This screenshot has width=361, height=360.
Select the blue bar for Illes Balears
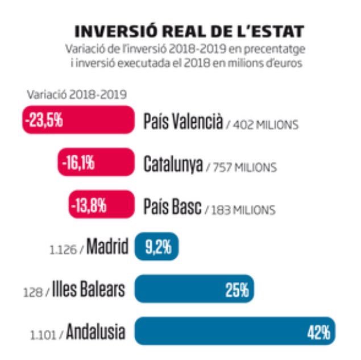[x=194, y=289]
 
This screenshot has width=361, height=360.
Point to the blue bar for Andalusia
[x=235, y=332]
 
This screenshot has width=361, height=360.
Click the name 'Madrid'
[x=107, y=247]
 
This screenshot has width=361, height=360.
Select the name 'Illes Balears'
[x=89, y=290]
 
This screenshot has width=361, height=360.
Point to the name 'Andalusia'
[x=95, y=332]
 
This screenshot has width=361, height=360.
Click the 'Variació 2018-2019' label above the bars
[x=76, y=94]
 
